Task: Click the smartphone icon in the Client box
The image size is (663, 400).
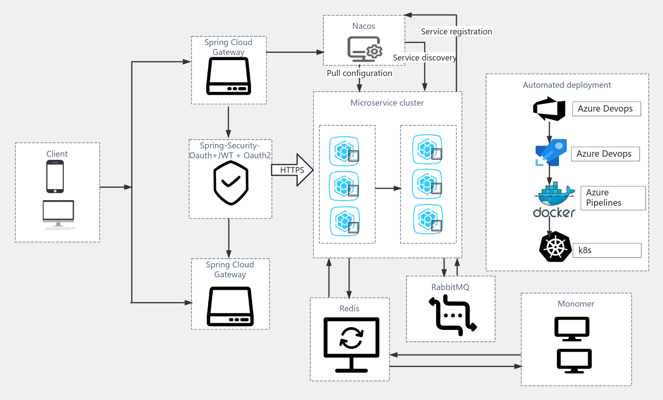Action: pyautogui.click(x=55, y=176)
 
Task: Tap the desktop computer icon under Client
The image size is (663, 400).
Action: pyautogui.click(x=59, y=214)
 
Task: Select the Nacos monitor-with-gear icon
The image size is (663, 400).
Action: pyautogui.click(x=365, y=49)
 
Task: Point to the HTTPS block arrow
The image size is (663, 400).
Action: pyautogui.click(x=292, y=170)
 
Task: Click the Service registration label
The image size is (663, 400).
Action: pyautogui.click(x=456, y=32)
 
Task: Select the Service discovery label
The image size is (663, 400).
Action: pyautogui.click(x=424, y=58)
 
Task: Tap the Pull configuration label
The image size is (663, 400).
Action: pyautogui.click(x=359, y=73)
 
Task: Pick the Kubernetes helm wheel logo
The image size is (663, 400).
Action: pyautogui.click(x=555, y=247)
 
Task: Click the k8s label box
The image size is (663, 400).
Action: pyautogui.click(x=607, y=250)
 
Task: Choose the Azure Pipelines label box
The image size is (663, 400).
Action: pyautogui.click(x=613, y=198)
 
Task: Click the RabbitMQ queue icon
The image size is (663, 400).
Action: pyautogui.click(x=452, y=315)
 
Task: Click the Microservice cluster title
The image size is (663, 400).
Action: pyautogui.click(x=387, y=103)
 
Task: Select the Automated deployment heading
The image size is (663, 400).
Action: pyautogui.click(x=567, y=85)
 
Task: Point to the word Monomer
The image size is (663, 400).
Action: pyautogui.click(x=576, y=304)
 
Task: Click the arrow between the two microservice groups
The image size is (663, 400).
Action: pyautogui.click(x=388, y=188)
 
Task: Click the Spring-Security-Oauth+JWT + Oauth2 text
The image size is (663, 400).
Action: pyautogui.click(x=230, y=151)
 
